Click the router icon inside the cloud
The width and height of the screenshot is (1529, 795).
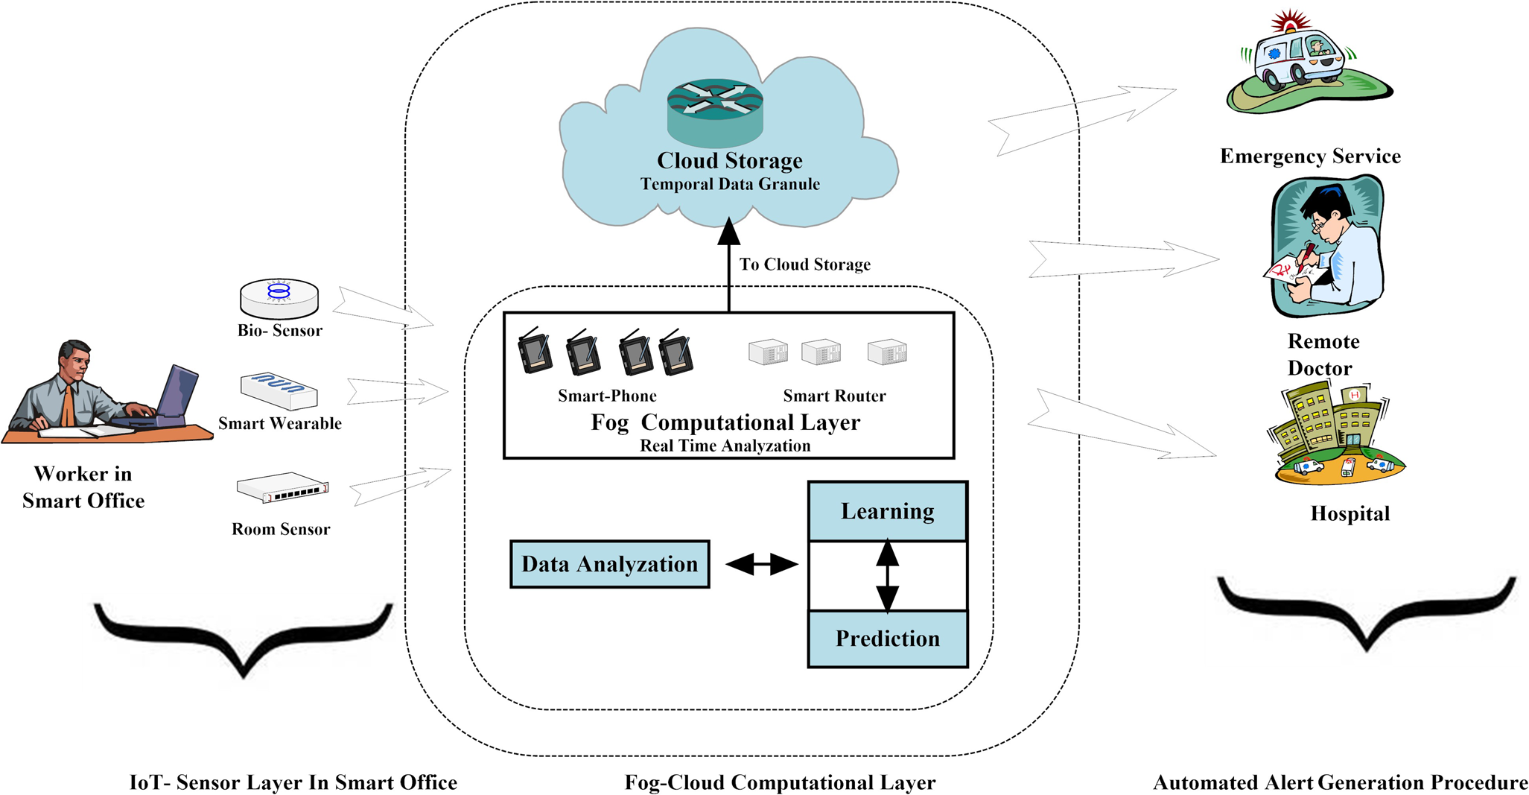tap(715, 112)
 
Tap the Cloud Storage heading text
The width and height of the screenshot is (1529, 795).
tap(729, 161)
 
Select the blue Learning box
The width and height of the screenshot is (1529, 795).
tap(887, 511)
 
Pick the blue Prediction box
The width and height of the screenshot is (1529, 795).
tap(887, 639)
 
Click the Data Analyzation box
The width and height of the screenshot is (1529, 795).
tap(609, 564)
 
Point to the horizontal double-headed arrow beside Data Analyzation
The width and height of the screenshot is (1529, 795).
tap(761, 564)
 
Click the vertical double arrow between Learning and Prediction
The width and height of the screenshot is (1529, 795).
tap(887, 576)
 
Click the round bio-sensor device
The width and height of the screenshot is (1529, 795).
tap(279, 298)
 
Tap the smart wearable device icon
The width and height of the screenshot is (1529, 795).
tap(279, 391)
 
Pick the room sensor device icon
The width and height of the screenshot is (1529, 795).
tap(282, 488)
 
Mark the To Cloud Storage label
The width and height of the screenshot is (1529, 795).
tap(804, 265)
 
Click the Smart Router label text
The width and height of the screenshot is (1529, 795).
tap(834, 396)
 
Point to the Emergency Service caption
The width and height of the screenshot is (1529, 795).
tap(1310, 156)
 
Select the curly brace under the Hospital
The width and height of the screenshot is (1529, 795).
tap(1366, 611)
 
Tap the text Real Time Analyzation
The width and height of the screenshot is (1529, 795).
tap(725, 446)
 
